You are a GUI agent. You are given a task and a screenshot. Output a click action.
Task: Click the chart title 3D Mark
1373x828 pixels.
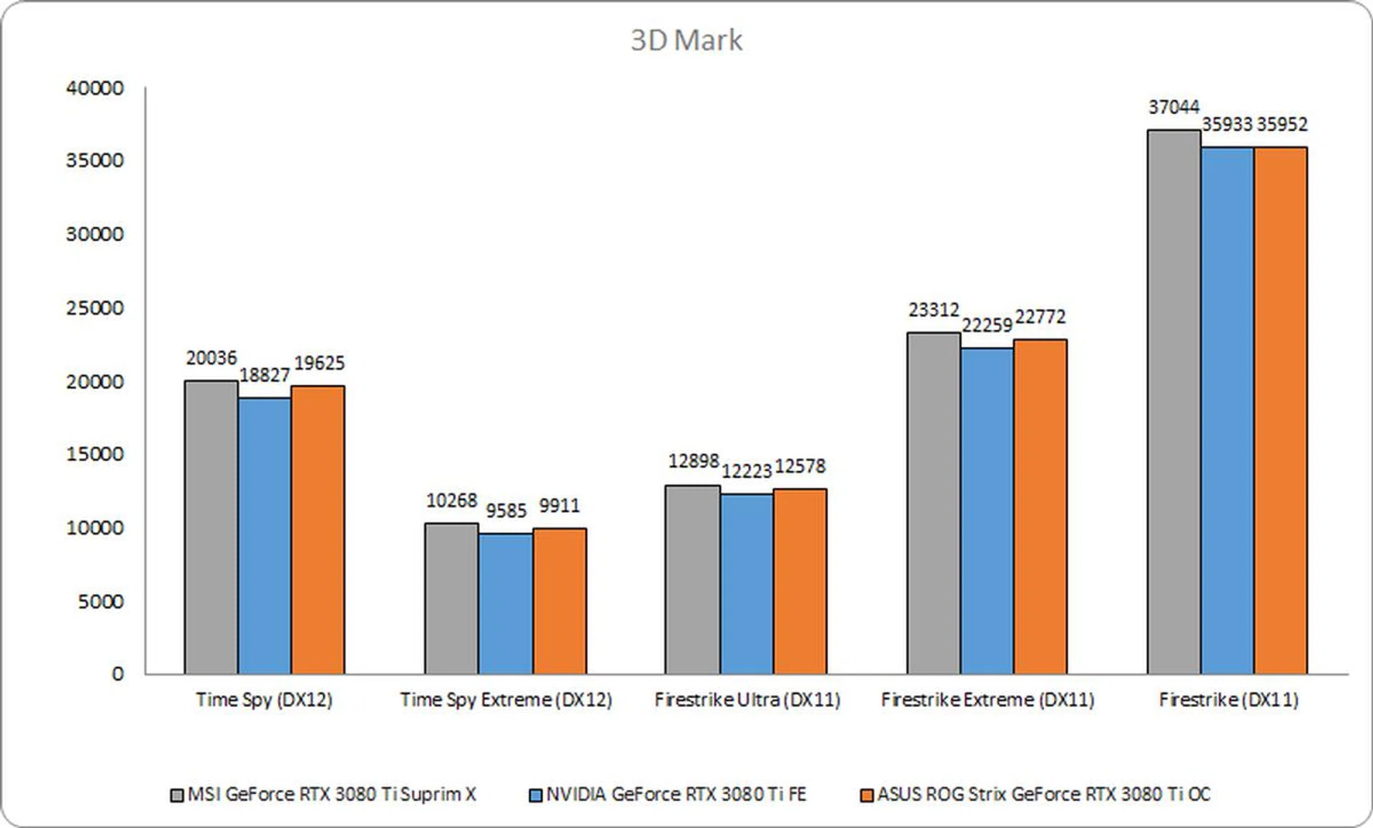(x=686, y=41)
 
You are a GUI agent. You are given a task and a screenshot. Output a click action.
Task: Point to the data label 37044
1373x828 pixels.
(x=1173, y=107)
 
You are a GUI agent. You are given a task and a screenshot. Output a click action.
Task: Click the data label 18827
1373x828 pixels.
(x=265, y=375)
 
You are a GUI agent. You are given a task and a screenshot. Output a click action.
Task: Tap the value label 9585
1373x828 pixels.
(x=506, y=510)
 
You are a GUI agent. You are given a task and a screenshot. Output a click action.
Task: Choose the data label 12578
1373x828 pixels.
(x=800, y=467)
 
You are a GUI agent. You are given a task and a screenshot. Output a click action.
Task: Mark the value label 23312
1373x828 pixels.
(x=933, y=310)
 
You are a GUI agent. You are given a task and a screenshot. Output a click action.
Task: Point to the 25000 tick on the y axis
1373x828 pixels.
(x=94, y=308)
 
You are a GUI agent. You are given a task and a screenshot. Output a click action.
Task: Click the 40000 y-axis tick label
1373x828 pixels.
(x=94, y=88)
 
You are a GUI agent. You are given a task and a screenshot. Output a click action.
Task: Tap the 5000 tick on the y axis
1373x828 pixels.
(x=100, y=602)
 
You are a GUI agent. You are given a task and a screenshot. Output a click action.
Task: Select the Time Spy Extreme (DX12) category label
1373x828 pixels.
(x=506, y=699)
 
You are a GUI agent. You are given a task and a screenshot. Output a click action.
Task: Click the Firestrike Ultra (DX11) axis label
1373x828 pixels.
(x=747, y=699)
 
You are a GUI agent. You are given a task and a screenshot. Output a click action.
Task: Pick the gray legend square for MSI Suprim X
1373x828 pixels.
(x=177, y=796)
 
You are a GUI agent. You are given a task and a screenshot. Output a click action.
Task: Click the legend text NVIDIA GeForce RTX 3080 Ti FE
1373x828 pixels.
(x=676, y=794)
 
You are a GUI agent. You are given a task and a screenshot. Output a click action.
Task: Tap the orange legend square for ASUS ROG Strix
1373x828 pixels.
(x=867, y=796)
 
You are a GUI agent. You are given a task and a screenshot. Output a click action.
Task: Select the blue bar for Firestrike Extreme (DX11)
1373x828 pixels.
(x=987, y=511)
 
